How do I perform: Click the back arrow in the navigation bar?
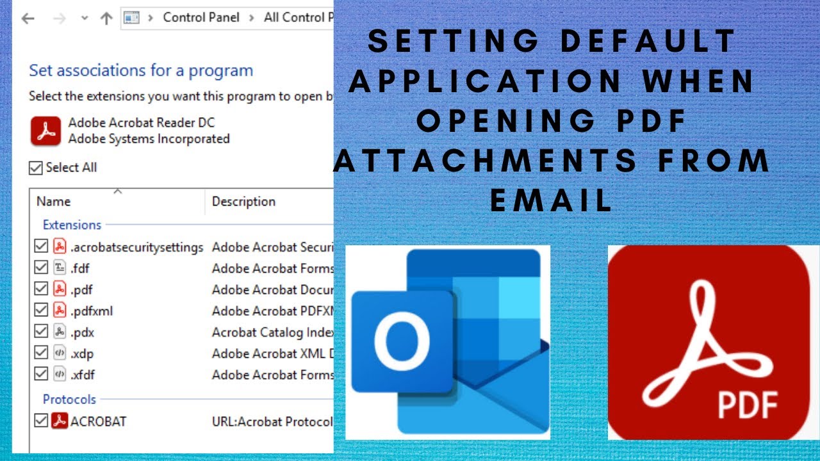[28, 18]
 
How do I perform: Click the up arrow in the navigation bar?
[106, 18]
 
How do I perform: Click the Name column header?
[53, 202]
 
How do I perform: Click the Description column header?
[243, 202]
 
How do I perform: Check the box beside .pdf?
[41, 289]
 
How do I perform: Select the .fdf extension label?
[80, 268]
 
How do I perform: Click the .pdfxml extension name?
[92, 311]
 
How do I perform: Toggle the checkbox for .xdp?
[41, 353]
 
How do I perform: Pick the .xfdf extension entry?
[83, 374]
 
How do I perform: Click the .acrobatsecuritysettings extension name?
[136, 247]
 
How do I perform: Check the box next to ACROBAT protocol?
[41, 421]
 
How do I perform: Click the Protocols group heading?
[69, 399]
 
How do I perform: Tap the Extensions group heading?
[72, 225]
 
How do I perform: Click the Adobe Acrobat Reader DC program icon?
[45, 131]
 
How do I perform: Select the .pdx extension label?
[83, 332]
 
